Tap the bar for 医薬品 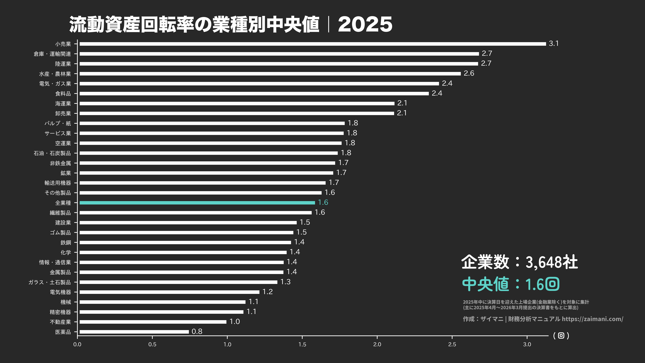point(134,332)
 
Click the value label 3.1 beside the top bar point(554,44)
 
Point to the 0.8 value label point(197,331)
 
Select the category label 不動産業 point(60,322)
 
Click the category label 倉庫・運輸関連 point(52,54)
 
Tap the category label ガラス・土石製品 point(50,282)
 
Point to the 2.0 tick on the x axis point(377,344)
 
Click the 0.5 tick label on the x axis point(152,344)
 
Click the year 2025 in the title point(365,25)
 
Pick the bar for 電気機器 point(170,292)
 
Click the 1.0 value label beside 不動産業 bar point(235,321)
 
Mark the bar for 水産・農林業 point(270,74)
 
